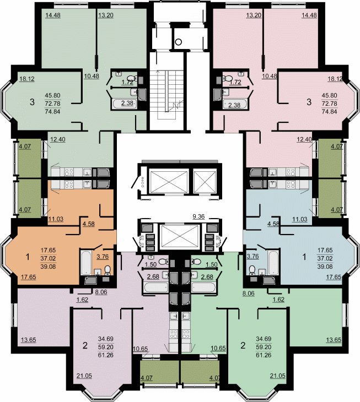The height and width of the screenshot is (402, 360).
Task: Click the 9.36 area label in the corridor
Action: [x=198, y=216]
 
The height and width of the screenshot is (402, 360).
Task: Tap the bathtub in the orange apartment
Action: [x=85, y=263]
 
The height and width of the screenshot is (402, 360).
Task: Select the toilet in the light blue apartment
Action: [x=252, y=270]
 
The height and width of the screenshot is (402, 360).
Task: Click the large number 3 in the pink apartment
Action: [x=309, y=102]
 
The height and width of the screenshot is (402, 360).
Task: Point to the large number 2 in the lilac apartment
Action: [x=85, y=345]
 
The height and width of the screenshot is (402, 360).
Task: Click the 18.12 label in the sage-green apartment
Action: [x=27, y=79]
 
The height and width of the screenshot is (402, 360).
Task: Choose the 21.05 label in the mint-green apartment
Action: [x=278, y=376]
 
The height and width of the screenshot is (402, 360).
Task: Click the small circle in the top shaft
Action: [x=179, y=42]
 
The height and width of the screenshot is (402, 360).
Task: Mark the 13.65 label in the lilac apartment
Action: [x=29, y=340]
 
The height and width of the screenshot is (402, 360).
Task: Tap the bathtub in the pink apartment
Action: [x=235, y=104]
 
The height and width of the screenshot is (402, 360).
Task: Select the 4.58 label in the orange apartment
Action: [x=89, y=224]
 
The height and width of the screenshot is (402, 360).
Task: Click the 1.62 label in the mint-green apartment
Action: [x=278, y=300]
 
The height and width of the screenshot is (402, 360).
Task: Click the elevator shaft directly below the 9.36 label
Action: [x=180, y=236]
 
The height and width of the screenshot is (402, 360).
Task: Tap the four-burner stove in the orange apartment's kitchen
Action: [x=69, y=184]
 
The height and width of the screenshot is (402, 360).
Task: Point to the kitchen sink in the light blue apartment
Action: [x=272, y=183]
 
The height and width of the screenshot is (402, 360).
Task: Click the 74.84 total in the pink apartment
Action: [x=330, y=112]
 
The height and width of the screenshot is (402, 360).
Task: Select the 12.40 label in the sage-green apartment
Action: [x=58, y=139]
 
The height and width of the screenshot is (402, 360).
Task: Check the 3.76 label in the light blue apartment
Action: [x=252, y=256]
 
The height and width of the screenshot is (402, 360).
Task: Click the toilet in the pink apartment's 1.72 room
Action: [x=227, y=78]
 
